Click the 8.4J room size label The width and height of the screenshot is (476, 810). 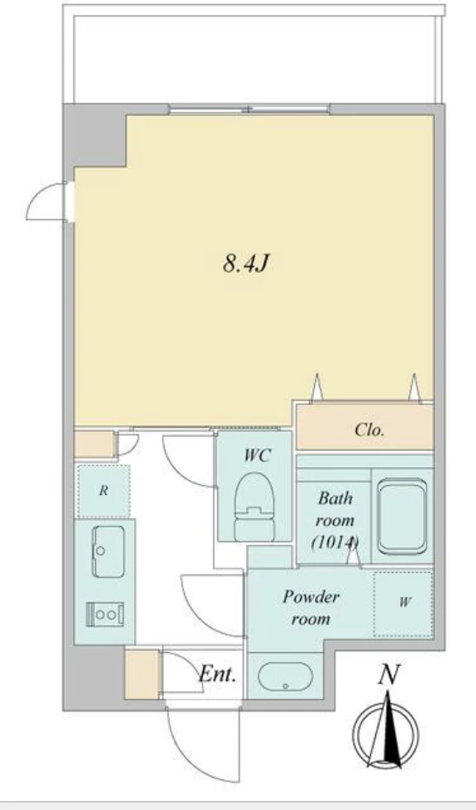246,264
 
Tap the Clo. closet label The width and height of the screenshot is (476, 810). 369,430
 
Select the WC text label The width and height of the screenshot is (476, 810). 257,455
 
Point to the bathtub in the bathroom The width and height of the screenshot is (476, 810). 402,516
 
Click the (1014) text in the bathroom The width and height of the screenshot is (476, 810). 335,542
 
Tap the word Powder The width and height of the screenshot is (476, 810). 311,597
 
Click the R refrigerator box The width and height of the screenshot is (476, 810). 103,491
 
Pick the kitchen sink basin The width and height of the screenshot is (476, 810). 108,551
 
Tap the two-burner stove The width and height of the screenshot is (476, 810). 105,614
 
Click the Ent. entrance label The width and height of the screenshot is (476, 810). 218,674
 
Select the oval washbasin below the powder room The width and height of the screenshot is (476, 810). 285,676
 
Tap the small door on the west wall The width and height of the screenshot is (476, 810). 47,202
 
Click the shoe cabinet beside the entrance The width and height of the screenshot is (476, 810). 142,674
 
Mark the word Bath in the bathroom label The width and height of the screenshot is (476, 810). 335,498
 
